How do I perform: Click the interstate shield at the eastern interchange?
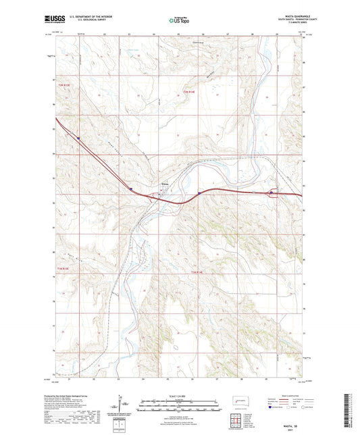click(272, 193)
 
